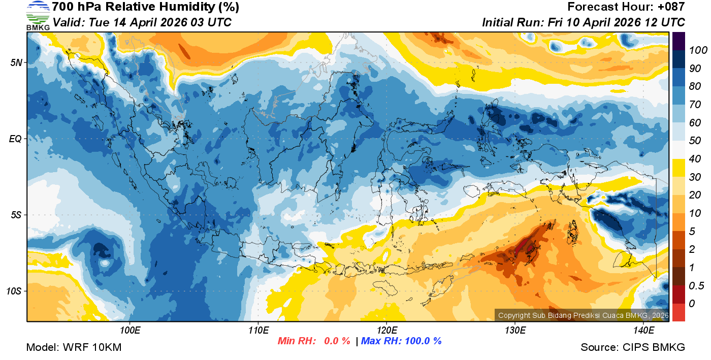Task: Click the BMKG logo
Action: (38, 15)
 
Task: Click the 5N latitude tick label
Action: (16, 63)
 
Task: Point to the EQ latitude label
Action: (15, 139)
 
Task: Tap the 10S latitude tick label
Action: (14, 291)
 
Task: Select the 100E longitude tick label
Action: (130, 331)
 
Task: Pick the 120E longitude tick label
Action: (386, 331)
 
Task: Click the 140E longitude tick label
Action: (643, 331)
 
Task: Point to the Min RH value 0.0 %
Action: (337, 341)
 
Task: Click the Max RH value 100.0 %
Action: (422, 341)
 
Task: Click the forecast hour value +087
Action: (672, 7)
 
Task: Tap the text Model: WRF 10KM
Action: (74, 347)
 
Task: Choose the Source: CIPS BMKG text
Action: (633, 347)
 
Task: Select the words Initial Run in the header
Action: (511, 22)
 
